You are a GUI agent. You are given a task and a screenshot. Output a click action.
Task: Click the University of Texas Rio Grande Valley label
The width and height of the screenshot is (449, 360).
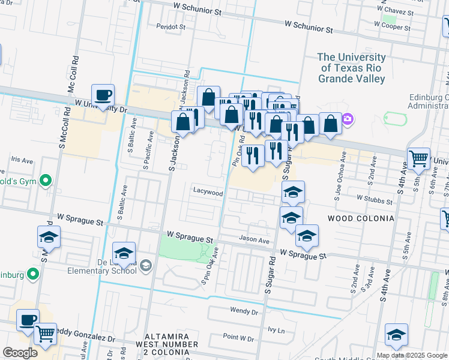click(351, 68)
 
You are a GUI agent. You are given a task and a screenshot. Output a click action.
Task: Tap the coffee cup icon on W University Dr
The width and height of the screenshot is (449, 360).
click(103, 95)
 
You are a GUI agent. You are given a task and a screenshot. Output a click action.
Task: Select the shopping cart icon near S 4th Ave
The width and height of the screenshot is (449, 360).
click(418, 158)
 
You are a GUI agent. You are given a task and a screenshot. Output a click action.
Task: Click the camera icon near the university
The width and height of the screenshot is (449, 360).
click(348, 121)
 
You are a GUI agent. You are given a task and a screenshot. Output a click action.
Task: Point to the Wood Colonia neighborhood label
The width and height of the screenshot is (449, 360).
click(360, 218)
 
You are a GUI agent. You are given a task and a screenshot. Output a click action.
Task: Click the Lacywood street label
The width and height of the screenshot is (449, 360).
click(208, 193)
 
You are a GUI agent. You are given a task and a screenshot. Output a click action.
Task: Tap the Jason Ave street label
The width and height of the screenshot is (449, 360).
click(255, 239)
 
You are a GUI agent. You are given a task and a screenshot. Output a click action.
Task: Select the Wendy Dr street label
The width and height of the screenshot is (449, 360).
click(244, 311)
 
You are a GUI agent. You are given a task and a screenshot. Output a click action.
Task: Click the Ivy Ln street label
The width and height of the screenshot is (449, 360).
click(276, 329)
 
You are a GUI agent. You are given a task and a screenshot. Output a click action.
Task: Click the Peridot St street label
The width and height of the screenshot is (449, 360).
click(170, 27)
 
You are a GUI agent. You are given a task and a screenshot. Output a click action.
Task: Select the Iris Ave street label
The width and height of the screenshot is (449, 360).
click(22, 161)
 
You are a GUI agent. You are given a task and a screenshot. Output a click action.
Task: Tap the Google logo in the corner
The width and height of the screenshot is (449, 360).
click(20, 353)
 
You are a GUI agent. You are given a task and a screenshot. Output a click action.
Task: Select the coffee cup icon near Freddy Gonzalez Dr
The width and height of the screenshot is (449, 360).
click(27, 320)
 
